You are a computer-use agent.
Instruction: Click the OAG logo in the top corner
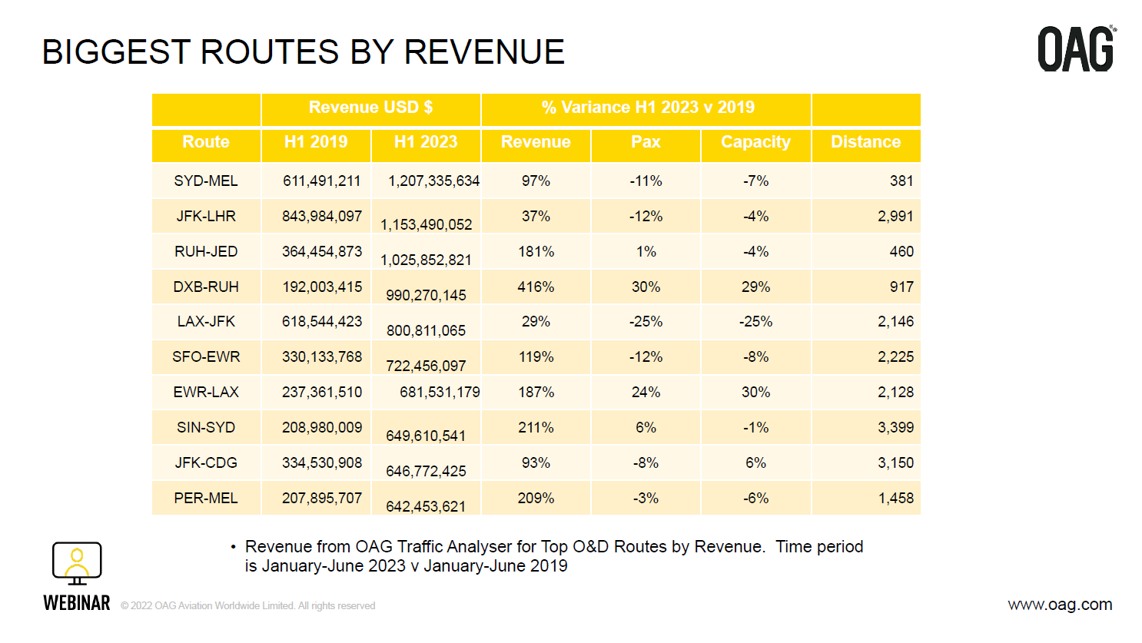1076,49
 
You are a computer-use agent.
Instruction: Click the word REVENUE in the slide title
484,52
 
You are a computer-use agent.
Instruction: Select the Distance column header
865,142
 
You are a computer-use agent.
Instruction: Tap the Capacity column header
755,142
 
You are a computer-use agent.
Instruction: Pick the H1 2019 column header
316,142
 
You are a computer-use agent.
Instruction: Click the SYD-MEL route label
206,181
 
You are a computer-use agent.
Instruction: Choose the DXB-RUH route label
206,287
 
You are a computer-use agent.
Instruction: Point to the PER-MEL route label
206,499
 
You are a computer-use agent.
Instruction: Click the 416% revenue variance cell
536,287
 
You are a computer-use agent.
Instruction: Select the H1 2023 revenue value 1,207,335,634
433,181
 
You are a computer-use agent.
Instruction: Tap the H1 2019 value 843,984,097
322,217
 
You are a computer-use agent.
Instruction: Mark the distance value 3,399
895,428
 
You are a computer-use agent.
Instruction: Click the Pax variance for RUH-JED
646,252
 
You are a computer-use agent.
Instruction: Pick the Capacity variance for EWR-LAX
755,393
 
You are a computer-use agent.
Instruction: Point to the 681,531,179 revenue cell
440,393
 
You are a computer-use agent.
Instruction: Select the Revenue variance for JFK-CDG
536,463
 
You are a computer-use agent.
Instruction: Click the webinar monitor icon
77,563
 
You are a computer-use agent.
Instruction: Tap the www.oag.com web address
1060,605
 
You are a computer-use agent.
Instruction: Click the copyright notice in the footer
247,606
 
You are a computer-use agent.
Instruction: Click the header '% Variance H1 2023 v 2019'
647,108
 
